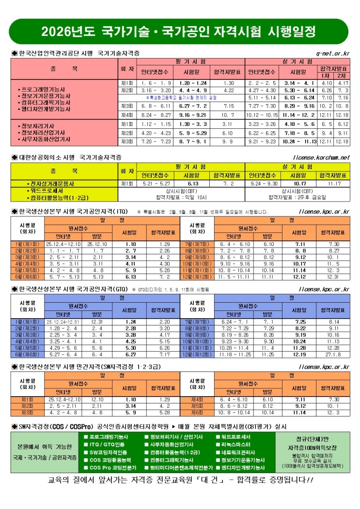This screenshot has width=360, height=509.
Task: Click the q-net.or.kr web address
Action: point(332,52)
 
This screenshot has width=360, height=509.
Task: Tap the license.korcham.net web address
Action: point(321,157)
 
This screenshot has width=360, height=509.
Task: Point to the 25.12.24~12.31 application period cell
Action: point(63,322)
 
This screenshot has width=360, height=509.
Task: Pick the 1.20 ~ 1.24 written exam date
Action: point(193,83)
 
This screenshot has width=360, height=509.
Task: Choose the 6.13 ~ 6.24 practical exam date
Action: point(299,98)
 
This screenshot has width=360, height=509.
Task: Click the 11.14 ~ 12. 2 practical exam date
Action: point(299,115)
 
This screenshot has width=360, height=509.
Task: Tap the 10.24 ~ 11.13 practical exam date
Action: point(299,141)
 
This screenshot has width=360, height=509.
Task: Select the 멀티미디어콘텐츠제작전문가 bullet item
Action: point(181,468)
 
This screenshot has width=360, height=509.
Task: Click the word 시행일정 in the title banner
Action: point(292,32)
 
